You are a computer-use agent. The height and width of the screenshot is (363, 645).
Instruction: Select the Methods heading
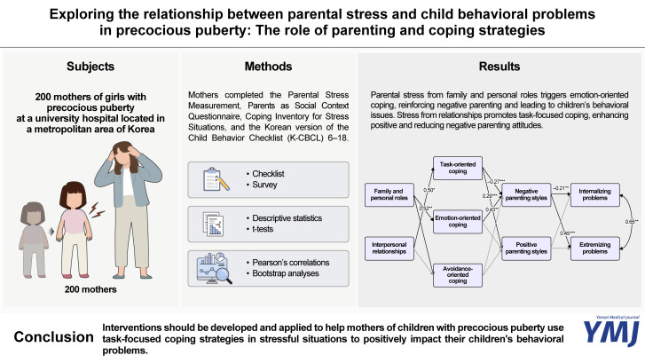coord(268,68)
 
